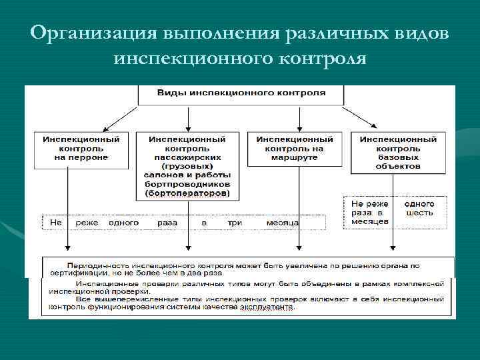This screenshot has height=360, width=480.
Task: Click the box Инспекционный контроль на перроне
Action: tap(81, 148)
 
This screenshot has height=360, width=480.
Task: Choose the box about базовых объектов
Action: tap(398, 153)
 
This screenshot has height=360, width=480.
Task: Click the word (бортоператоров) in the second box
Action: tap(187, 193)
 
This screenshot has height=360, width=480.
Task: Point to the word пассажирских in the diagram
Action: tap(187, 157)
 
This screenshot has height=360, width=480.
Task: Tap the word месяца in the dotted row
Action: tap(282, 223)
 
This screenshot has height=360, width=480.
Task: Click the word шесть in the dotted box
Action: tap(419, 213)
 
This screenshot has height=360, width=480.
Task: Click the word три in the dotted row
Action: tap(235, 223)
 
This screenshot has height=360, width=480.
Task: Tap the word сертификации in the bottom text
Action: tap(73, 273)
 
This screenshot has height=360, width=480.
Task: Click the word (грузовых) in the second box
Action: tap(187, 166)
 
